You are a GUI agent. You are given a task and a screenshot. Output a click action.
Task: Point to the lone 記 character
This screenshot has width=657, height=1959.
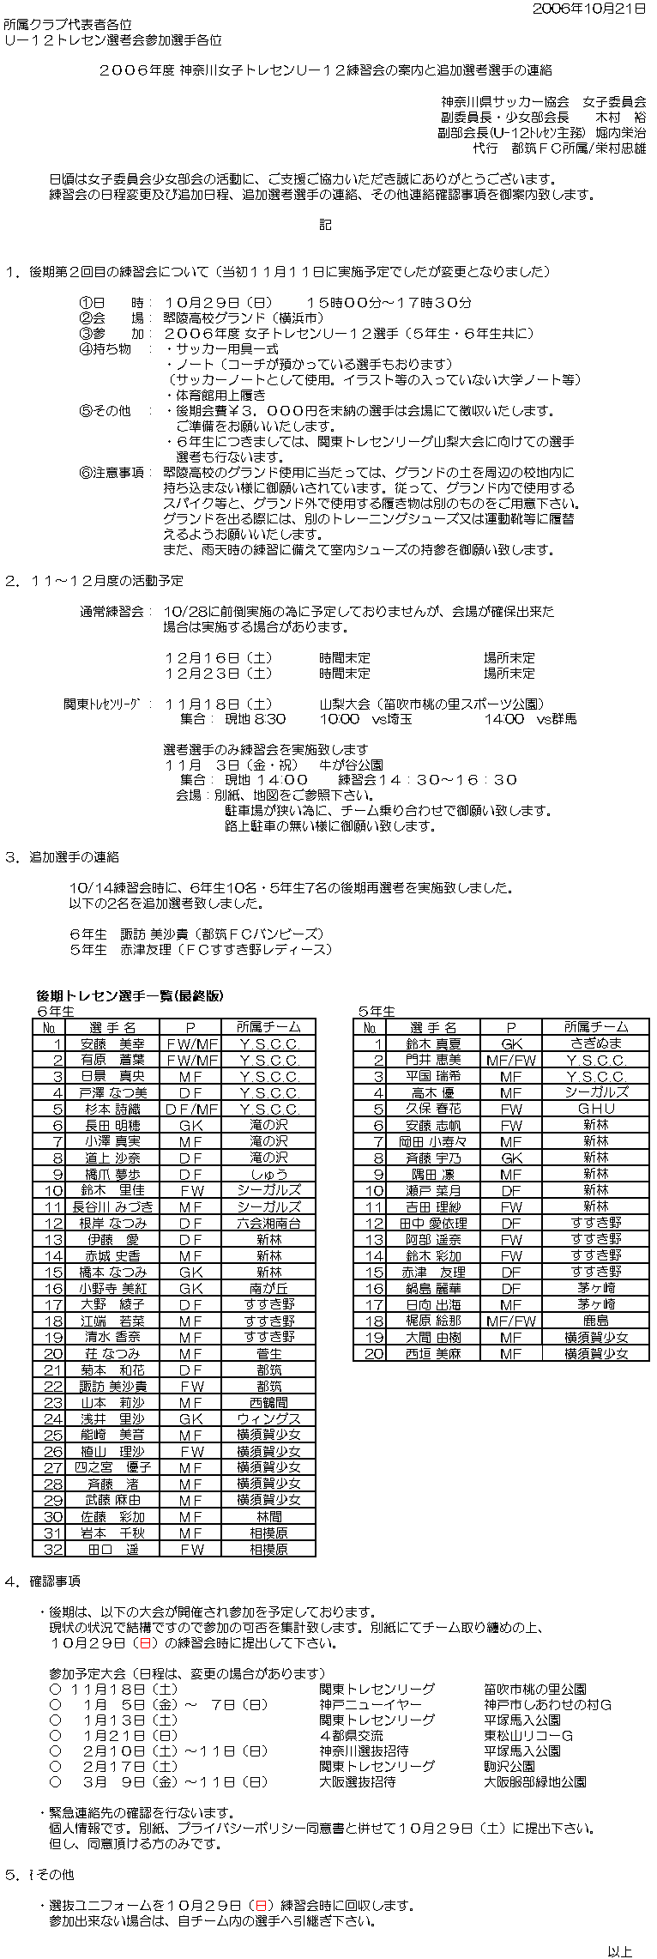(325, 225)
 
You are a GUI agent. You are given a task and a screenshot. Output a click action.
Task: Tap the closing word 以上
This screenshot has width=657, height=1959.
(619, 1944)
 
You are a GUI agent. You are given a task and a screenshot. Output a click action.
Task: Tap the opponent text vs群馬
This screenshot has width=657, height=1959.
(556, 719)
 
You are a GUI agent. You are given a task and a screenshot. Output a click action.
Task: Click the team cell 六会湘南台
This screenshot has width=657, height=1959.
(268, 1224)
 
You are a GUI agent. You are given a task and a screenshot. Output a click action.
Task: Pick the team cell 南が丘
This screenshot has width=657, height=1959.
(268, 1289)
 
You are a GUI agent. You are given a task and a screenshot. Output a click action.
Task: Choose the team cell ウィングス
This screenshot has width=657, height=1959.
(268, 1419)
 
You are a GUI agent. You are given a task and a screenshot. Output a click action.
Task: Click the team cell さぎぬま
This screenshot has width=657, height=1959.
(596, 1044)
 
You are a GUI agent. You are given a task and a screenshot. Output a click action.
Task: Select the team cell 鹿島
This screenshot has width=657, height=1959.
(596, 1321)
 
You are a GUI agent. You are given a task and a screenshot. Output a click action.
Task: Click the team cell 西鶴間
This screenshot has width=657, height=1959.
(268, 1403)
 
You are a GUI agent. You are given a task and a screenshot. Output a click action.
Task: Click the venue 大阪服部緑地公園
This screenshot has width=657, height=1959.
(535, 1782)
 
